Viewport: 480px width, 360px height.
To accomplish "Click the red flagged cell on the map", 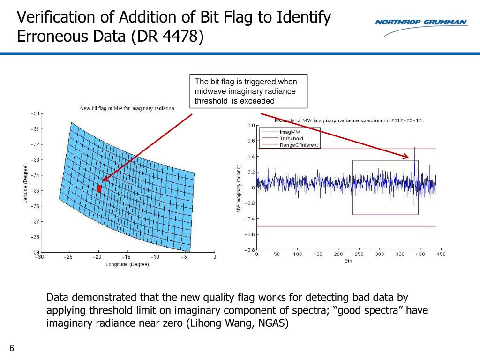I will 99,188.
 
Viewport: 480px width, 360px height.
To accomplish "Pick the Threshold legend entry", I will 291,138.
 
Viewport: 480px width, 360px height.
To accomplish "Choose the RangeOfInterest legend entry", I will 299,145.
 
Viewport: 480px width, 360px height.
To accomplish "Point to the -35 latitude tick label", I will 36,191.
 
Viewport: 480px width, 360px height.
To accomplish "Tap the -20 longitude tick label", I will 97,257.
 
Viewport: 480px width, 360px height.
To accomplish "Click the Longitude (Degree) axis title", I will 127,264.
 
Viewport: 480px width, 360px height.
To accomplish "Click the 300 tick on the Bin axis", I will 379,254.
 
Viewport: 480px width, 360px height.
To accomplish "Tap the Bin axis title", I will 348,261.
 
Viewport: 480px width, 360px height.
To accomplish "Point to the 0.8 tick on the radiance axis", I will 250,125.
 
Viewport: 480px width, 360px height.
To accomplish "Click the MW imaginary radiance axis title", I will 239,188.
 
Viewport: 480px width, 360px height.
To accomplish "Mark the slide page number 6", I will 12,348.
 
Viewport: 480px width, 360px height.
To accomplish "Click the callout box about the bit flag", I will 248,91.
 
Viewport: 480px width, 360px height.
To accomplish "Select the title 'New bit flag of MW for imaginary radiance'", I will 127,108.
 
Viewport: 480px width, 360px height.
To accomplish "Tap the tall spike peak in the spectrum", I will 414,148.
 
